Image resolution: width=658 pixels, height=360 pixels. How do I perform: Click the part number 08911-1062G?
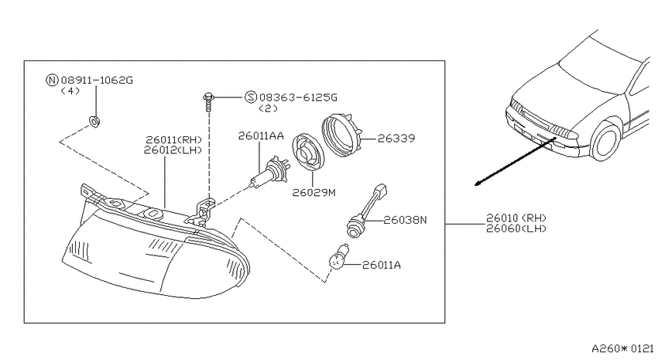pyautogui.click(x=97, y=80)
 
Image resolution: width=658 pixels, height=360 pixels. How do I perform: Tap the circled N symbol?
pyautogui.click(x=52, y=80)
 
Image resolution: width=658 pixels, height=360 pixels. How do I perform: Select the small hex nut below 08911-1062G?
pyautogui.click(x=95, y=122)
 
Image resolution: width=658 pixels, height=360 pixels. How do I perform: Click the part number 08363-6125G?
pyautogui.click(x=298, y=98)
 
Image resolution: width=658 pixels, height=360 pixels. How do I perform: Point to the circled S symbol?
pyautogui.click(x=251, y=98)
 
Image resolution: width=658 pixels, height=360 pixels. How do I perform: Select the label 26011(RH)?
pyautogui.click(x=173, y=139)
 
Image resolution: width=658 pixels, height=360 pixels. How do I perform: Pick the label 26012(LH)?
pyautogui.click(x=173, y=149)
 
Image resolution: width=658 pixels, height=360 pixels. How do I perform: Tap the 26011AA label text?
pyautogui.click(x=261, y=136)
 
